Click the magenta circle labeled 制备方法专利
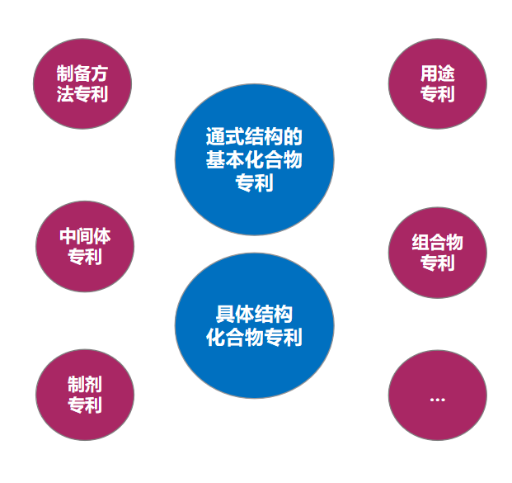pyautogui.click(x=82, y=83)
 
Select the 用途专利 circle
pyautogui.click(x=437, y=83)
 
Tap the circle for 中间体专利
pyautogui.click(x=85, y=246)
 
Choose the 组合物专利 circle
pyautogui.click(x=437, y=253)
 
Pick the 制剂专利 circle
pyautogui.click(x=85, y=395)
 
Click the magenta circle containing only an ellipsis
pyautogui.click(x=437, y=395)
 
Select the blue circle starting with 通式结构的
pyautogui.click(x=255, y=159)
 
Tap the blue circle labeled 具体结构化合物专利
pyautogui.click(x=255, y=325)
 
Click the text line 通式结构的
pyautogui.click(x=254, y=137)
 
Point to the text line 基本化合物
pyautogui.click(x=254, y=159)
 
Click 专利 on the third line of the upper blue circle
pyautogui.click(x=254, y=182)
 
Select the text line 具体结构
pyautogui.click(x=254, y=314)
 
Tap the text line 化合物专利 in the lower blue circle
pyautogui.click(x=254, y=337)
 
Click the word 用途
pyautogui.click(x=437, y=73)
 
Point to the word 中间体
pyautogui.click(x=85, y=236)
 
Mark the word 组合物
pyautogui.click(x=437, y=242)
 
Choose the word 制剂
pyautogui.click(x=85, y=384)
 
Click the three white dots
pyautogui.click(x=437, y=400)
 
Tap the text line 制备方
pyautogui.click(x=82, y=73)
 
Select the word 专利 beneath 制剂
pyautogui.click(x=85, y=405)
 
